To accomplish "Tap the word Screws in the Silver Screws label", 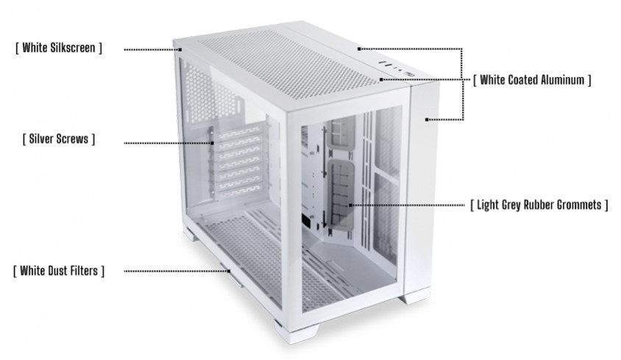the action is pos(73,138).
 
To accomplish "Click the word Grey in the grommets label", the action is pos(511,205).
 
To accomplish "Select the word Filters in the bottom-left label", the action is pos(84,271).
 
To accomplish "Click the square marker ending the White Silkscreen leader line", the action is pos(180,49).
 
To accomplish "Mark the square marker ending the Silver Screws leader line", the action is pos(213,143).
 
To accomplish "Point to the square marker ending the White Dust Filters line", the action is pos(229,271).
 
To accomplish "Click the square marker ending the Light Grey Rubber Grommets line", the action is pos(350,205).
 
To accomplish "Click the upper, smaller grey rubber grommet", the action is pos(341,133).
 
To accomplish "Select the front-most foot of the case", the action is pos(297,332).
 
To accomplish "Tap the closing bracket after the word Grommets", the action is pos(606,205).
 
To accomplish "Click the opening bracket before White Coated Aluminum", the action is pos(475,80).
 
